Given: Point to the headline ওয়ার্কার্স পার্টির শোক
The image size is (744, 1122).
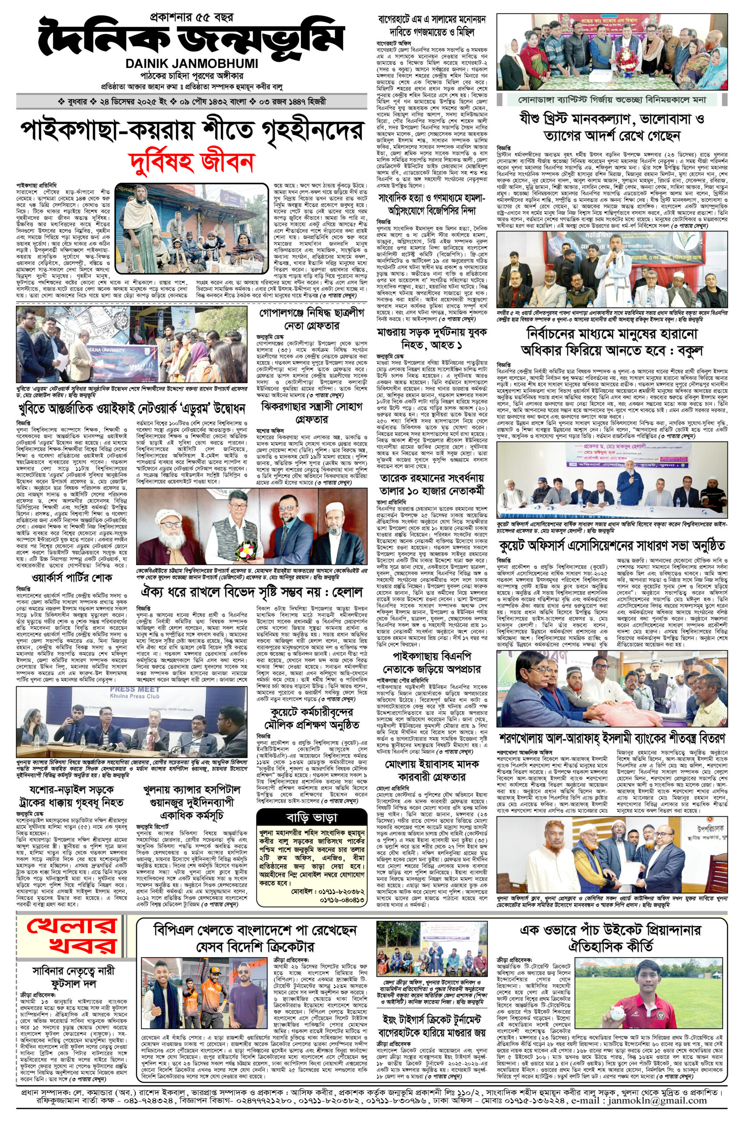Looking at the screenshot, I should [x=72, y=578].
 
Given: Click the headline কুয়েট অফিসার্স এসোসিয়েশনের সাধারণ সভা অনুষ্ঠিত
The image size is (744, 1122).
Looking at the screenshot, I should [x=611, y=543].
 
